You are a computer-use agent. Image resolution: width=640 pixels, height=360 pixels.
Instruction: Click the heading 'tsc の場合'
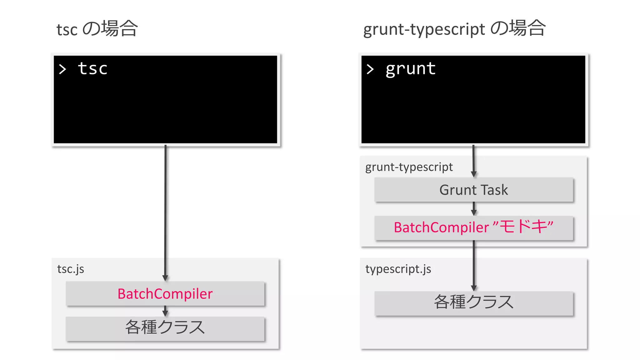[x=97, y=29]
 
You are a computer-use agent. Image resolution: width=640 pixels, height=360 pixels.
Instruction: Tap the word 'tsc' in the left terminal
[x=92, y=69]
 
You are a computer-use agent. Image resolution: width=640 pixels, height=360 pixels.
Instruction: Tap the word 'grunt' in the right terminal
[x=410, y=69]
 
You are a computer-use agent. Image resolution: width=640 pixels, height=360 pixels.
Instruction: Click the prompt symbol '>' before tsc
[x=62, y=69]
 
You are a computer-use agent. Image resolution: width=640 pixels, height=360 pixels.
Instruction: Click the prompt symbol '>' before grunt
[x=370, y=69]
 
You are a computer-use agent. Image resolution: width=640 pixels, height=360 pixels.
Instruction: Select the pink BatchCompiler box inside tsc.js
[x=165, y=294]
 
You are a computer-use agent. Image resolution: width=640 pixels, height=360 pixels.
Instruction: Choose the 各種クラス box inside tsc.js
[x=165, y=328]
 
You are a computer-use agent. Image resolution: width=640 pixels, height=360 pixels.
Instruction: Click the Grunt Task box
[x=474, y=190]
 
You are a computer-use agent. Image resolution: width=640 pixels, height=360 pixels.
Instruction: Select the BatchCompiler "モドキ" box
[x=474, y=227]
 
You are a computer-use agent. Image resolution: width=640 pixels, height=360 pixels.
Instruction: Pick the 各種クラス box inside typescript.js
[x=474, y=302]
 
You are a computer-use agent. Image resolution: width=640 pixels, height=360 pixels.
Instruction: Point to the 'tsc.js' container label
[x=71, y=269]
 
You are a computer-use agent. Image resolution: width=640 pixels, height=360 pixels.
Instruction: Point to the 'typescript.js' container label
[x=398, y=269]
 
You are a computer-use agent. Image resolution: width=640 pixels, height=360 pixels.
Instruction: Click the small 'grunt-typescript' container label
[x=409, y=167]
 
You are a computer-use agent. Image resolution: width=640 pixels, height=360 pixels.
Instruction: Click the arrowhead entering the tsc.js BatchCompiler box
[x=165, y=278]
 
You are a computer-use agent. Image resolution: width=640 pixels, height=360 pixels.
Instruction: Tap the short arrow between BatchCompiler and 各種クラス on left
[x=165, y=311]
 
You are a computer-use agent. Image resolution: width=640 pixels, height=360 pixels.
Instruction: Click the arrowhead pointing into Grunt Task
[x=474, y=174]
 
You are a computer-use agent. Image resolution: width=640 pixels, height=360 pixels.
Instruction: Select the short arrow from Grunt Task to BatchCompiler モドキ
[x=474, y=209]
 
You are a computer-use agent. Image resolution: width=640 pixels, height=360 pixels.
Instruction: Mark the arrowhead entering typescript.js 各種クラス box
[x=474, y=288]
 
